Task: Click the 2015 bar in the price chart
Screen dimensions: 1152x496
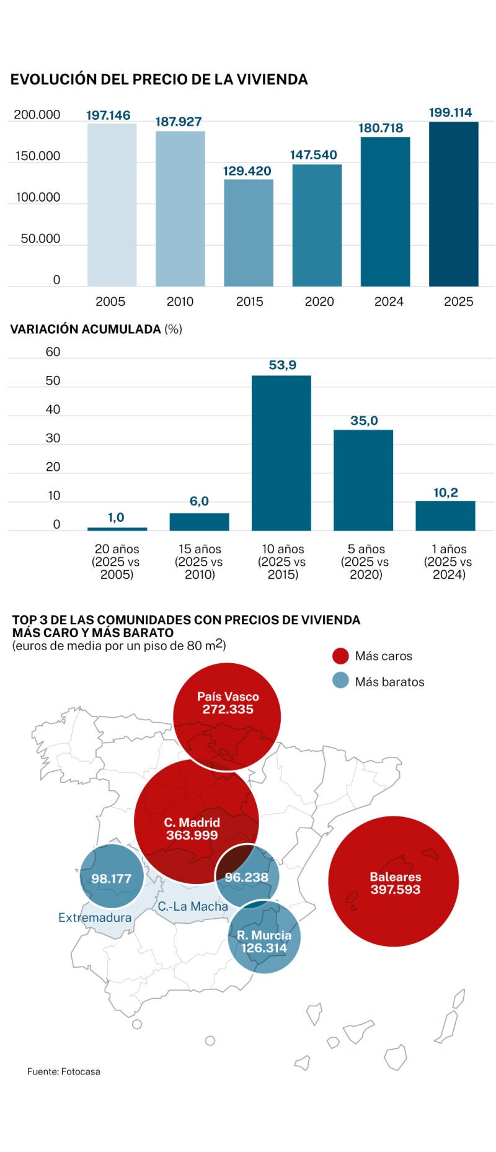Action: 248,233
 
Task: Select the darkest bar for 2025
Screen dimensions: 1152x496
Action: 453,204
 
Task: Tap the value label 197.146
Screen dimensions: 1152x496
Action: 108,115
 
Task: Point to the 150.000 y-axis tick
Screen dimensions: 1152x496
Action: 38,156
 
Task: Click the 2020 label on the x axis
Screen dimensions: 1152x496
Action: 319,302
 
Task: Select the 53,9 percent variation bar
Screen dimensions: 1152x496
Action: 281,453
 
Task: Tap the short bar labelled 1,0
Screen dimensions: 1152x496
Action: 117,529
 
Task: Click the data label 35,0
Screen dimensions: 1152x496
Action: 364,421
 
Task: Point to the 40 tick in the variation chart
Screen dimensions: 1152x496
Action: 53,409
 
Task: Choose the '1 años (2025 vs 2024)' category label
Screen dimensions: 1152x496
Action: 448,561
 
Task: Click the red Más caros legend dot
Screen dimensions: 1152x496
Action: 340,656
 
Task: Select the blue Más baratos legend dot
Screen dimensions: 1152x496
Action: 340,681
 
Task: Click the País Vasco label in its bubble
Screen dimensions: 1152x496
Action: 228,697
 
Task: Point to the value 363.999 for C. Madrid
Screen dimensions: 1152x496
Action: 192,835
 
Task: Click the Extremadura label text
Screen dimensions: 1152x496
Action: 95,918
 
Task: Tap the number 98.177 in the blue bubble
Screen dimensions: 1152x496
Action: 111,879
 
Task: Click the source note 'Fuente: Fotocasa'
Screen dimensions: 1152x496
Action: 63,1071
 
